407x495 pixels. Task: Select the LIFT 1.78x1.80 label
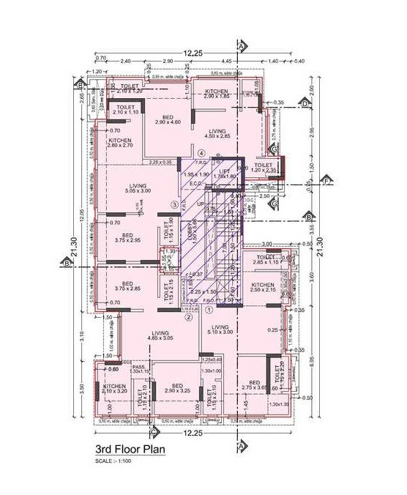click(x=225, y=174)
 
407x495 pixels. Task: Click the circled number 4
click(x=201, y=152)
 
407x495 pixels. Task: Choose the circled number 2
click(x=188, y=316)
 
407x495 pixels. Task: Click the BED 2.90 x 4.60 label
click(x=167, y=120)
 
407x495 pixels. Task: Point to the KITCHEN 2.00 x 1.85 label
click(x=217, y=94)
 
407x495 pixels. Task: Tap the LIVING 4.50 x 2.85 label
click(x=217, y=133)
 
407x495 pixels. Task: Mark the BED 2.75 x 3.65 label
click(x=255, y=386)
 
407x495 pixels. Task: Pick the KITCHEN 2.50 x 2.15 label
click(x=263, y=287)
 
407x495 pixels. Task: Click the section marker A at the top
click(x=240, y=43)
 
